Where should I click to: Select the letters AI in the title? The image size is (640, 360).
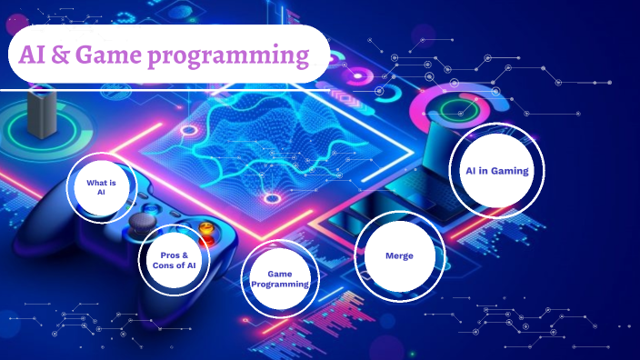(33, 55)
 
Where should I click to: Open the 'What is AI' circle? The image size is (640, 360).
(101, 187)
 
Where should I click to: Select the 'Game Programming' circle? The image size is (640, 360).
(281, 279)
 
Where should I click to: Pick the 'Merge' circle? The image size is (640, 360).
(399, 255)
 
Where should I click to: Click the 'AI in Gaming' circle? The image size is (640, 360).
(495, 170)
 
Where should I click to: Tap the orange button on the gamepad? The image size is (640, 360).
(207, 227)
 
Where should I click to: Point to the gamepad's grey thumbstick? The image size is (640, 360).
(139, 222)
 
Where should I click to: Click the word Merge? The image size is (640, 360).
(399, 255)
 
